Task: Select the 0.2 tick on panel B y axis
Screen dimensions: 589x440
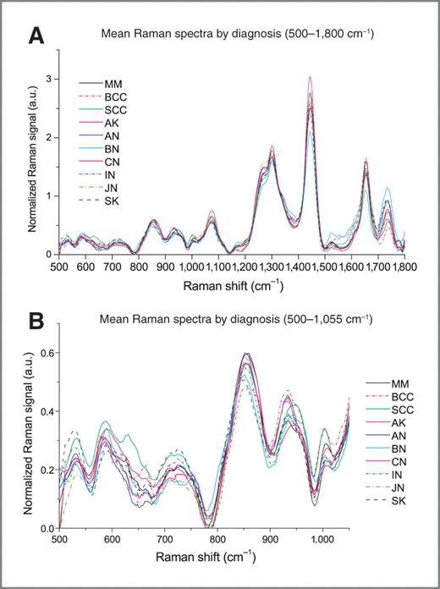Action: [x=44, y=470]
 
